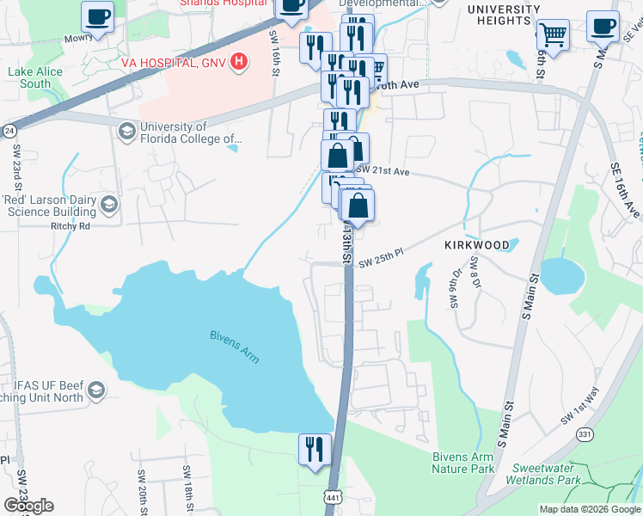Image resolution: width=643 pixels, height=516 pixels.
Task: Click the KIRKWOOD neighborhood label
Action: (477, 245)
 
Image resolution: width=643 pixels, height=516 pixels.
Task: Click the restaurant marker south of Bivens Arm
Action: (315, 450)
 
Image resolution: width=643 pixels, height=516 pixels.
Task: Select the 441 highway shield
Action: (333, 497)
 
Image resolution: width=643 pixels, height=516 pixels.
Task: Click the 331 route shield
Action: (585, 436)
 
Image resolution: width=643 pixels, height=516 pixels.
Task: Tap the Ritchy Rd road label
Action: (71, 227)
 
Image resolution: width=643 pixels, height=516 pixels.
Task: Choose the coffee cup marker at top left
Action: (97, 17)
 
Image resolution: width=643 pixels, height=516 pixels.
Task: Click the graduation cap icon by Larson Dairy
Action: (109, 204)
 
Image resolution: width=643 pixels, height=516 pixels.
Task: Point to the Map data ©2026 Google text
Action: (590, 509)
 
